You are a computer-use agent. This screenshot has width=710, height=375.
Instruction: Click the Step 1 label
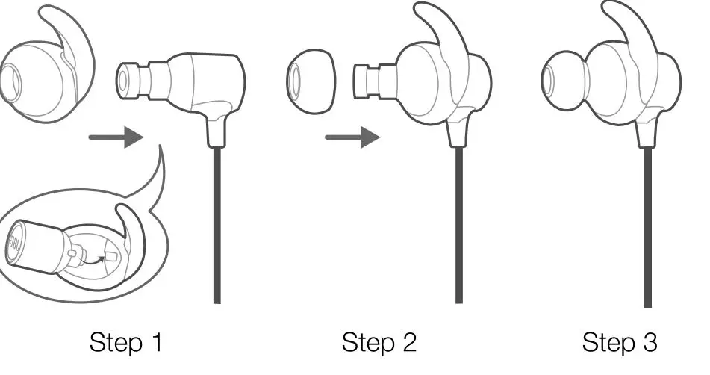[125, 343]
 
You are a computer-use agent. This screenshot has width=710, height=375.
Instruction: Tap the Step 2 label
[379, 343]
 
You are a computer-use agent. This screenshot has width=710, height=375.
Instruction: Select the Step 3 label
[620, 343]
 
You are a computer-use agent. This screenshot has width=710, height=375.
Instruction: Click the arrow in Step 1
[115, 137]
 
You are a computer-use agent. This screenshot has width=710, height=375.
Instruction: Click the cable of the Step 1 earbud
[217, 224]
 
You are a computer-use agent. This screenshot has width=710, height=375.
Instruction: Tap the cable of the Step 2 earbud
[457, 224]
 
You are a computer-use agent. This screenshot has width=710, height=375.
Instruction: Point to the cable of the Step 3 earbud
[647, 224]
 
